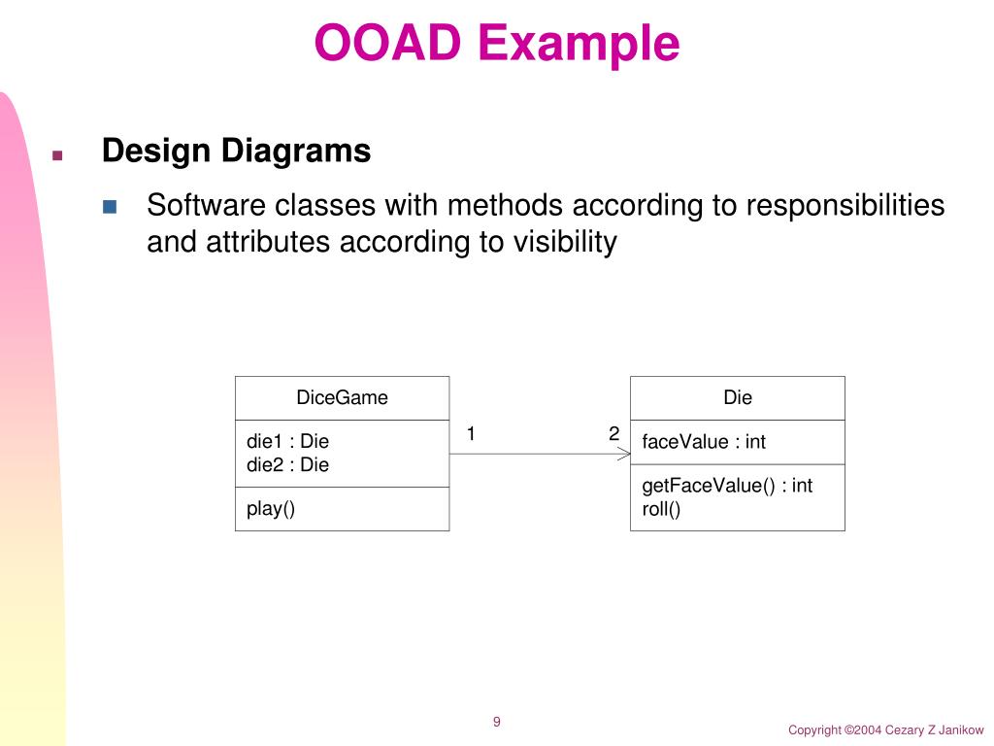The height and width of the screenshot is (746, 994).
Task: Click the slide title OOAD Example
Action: [x=496, y=44]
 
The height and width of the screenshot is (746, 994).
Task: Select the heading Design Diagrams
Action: [x=236, y=152]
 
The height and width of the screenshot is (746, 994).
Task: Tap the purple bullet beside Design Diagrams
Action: [x=57, y=155]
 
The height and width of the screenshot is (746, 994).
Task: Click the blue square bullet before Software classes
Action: [x=110, y=207]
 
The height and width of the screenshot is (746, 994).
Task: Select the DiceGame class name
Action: [x=342, y=397]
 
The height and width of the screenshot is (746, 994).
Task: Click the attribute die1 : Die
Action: [x=287, y=442]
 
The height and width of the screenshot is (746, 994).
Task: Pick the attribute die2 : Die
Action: [x=287, y=465]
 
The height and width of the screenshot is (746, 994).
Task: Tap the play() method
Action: [x=271, y=508]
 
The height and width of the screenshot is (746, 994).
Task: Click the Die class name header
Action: [x=738, y=397]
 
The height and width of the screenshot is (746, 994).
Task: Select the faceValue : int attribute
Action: [x=704, y=442]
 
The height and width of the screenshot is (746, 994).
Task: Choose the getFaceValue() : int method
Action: [x=727, y=486]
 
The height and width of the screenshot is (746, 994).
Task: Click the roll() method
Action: [x=661, y=509]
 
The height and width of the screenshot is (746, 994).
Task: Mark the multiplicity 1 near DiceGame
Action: [x=471, y=433]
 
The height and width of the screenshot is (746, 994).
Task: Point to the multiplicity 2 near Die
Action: [x=613, y=433]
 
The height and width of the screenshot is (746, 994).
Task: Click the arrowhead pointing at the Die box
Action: [x=624, y=454]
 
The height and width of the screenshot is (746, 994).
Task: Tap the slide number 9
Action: [x=497, y=722]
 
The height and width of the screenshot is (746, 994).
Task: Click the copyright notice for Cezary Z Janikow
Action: [x=885, y=729]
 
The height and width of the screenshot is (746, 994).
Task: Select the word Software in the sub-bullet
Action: [x=206, y=206]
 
